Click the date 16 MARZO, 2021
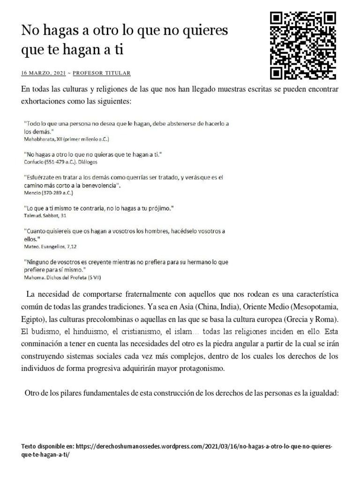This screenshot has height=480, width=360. coord(44,73)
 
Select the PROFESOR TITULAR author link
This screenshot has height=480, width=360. coord(102,73)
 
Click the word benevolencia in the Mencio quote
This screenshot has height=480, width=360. coord(98,186)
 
